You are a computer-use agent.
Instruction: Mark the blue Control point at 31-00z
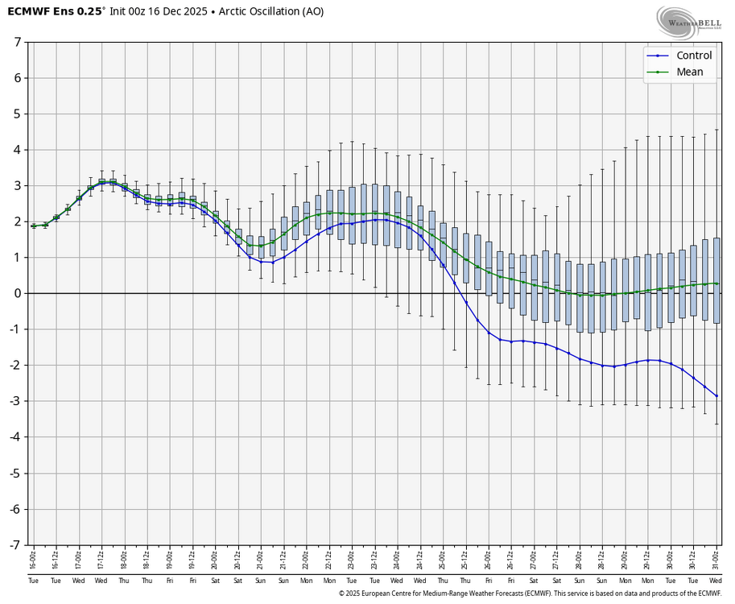click(716, 396)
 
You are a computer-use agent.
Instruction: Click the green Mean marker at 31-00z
click(716, 283)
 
